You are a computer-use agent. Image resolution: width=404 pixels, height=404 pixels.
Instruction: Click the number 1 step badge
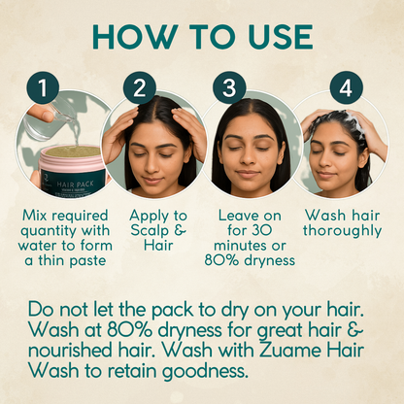click(43, 87)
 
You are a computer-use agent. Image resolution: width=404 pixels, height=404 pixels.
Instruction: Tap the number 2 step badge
click(140, 87)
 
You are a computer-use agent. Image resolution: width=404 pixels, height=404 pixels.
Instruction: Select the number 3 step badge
click(229, 87)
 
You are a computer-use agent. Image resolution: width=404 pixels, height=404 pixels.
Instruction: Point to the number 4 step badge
click(346, 87)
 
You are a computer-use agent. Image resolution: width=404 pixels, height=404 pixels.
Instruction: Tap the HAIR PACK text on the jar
click(75, 185)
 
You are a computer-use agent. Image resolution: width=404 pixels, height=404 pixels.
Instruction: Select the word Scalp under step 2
click(150, 231)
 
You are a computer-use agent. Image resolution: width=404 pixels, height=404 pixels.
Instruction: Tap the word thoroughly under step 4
click(342, 231)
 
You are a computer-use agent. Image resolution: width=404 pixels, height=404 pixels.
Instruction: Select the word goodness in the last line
click(205, 372)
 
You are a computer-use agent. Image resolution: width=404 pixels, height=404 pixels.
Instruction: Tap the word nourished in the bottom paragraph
click(69, 351)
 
